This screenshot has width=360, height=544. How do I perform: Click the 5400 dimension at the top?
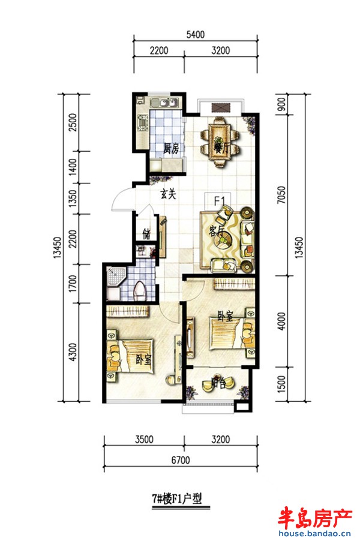click(x=196, y=34)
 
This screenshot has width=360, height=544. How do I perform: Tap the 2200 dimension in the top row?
click(x=158, y=50)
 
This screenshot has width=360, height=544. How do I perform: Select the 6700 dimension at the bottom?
click(x=181, y=460)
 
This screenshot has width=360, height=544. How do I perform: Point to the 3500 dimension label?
click(x=144, y=439)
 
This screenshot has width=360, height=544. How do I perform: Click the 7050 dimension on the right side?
click(x=281, y=195)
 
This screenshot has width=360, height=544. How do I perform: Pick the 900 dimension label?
click(x=281, y=104)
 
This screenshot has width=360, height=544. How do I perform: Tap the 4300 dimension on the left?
click(x=73, y=352)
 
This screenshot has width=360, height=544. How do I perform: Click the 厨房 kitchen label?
click(x=171, y=149)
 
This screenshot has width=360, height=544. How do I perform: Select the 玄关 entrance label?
click(x=168, y=194)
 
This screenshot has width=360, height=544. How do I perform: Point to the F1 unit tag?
click(x=220, y=201)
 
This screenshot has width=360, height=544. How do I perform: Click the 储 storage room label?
click(x=146, y=234)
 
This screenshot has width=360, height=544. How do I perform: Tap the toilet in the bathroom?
click(x=140, y=291)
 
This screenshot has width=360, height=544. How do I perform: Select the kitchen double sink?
click(x=164, y=103)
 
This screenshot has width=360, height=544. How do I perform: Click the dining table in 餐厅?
click(x=220, y=142)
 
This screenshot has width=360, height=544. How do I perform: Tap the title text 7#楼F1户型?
click(x=177, y=499)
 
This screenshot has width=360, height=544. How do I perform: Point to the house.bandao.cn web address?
click(x=314, y=534)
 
